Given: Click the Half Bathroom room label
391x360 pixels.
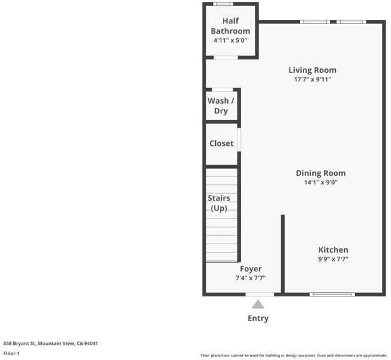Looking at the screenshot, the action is point(230,26).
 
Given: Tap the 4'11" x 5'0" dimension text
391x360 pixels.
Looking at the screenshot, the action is point(230,40).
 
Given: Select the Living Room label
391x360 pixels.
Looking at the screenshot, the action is point(312,70).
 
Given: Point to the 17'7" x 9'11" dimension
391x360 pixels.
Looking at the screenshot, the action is point(312,79).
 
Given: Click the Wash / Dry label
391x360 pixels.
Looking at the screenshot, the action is point(221,106).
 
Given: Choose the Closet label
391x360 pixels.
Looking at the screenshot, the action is point(221,143).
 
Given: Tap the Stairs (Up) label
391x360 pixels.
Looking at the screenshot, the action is point(219,203).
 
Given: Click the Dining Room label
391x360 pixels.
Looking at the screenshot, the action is point(321,173).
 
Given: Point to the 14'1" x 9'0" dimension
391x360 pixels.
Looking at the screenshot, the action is point(321,182).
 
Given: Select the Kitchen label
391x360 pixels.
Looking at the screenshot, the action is point(333,250).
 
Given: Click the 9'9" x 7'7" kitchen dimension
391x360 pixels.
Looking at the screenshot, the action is point(333,259).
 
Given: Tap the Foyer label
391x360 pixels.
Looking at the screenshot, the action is point(251,269).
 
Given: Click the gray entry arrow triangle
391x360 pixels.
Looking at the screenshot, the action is point(258,305).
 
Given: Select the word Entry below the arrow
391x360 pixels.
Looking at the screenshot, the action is point(258,319).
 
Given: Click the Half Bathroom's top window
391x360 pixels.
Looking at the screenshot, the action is point(223,4).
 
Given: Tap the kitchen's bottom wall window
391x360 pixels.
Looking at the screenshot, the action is point(332,295).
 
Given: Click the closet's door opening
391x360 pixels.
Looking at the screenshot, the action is point(239,139).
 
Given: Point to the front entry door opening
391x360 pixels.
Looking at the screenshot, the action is point(260,295).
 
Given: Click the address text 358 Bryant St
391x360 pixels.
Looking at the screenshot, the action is point(19,344).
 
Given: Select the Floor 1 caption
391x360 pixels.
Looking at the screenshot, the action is point(11,353).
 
